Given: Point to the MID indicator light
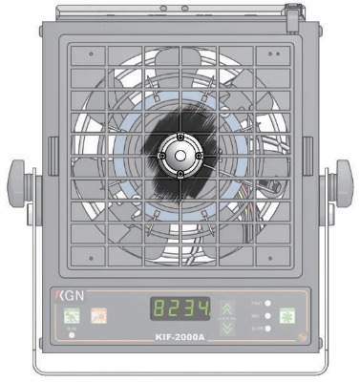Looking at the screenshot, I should coord(269,315).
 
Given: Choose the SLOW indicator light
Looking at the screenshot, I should coord(269,328).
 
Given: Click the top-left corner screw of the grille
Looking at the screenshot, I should coord(90,55).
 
